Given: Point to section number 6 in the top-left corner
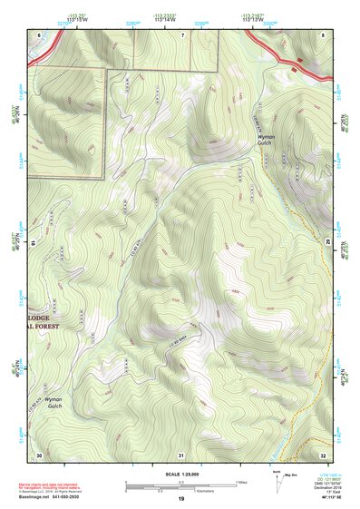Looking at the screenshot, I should pos(38,34).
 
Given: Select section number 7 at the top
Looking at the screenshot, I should pos(181,34).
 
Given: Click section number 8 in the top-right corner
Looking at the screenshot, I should pos(323,34).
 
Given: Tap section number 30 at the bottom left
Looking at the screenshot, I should pos(39,453).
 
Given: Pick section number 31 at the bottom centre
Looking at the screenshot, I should pos(181,453).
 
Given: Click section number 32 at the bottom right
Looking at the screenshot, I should pos(323,453).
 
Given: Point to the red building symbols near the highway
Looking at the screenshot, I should pos(297,61).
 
